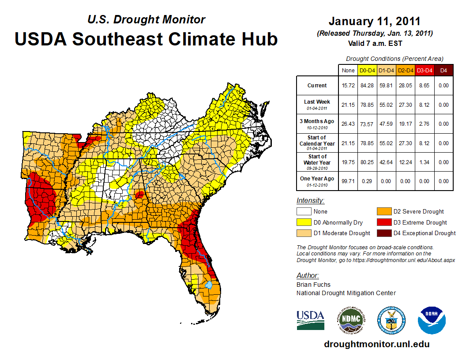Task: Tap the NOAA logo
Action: click(x=432, y=320)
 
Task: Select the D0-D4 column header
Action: click(x=368, y=70)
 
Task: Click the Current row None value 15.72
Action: click(x=348, y=86)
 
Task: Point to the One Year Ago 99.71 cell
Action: click(x=348, y=181)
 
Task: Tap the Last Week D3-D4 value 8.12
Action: click(x=425, y=105)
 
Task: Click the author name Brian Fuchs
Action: click(x=313, y=285)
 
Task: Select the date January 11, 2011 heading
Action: click(x=375, y=21)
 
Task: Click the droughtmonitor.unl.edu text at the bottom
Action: click(x=376, y=344)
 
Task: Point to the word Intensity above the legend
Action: click(x=310, y=201)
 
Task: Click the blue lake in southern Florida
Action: click(x=210, y=285)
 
